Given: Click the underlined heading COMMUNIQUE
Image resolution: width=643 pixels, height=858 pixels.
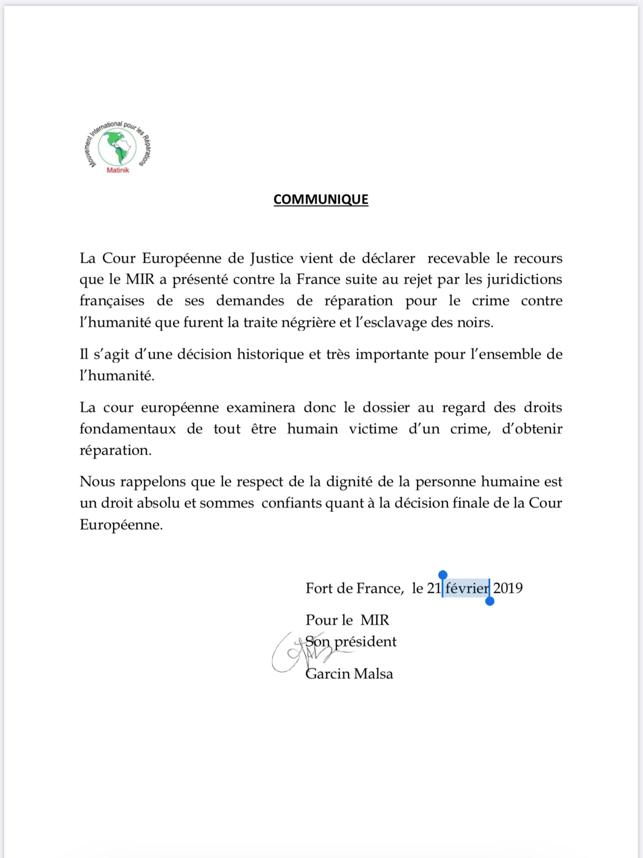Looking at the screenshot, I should pos(321,200).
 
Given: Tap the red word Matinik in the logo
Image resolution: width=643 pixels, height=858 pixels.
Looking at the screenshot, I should pos(118,170).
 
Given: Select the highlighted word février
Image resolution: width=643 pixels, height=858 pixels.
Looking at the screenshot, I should pos(467,588).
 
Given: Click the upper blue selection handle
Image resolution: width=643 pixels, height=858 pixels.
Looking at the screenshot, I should pos(443,575).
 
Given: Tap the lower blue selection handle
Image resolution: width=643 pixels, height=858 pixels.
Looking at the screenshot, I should pos(490,601).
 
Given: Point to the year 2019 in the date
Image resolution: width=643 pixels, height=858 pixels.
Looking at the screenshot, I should pos(508,588).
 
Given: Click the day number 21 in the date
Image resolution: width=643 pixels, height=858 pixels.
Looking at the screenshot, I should pos(434,588).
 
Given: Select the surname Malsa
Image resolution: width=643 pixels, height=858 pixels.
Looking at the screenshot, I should pos(373,674).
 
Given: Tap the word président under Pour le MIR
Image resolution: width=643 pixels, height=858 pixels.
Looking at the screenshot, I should pos(365,642).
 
